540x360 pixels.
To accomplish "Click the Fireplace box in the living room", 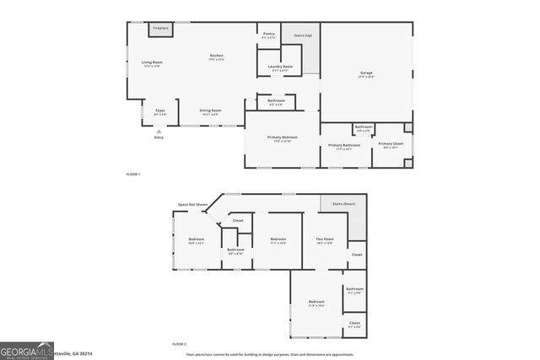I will pos(160,30).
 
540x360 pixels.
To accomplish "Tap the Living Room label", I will pos(152,62).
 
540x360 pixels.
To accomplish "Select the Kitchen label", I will pos(217,56).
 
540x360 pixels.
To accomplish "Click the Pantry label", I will pos(268,34).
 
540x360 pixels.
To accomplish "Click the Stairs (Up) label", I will pos(301,36).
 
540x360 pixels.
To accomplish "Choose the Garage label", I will pos(366,73).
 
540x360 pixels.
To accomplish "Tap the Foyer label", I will pos(159,110).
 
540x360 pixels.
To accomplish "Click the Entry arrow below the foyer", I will pos(159,131).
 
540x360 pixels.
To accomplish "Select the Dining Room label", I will pos(210,110).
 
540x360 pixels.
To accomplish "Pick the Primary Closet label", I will pos(390,143).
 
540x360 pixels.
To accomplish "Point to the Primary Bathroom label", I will pos(344,145).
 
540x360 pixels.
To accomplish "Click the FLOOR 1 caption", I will pos(133,174).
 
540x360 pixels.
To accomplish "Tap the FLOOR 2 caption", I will pos(179,344).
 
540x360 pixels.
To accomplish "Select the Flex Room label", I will pos(325,239).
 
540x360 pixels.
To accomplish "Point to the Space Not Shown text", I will pos(192,204).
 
